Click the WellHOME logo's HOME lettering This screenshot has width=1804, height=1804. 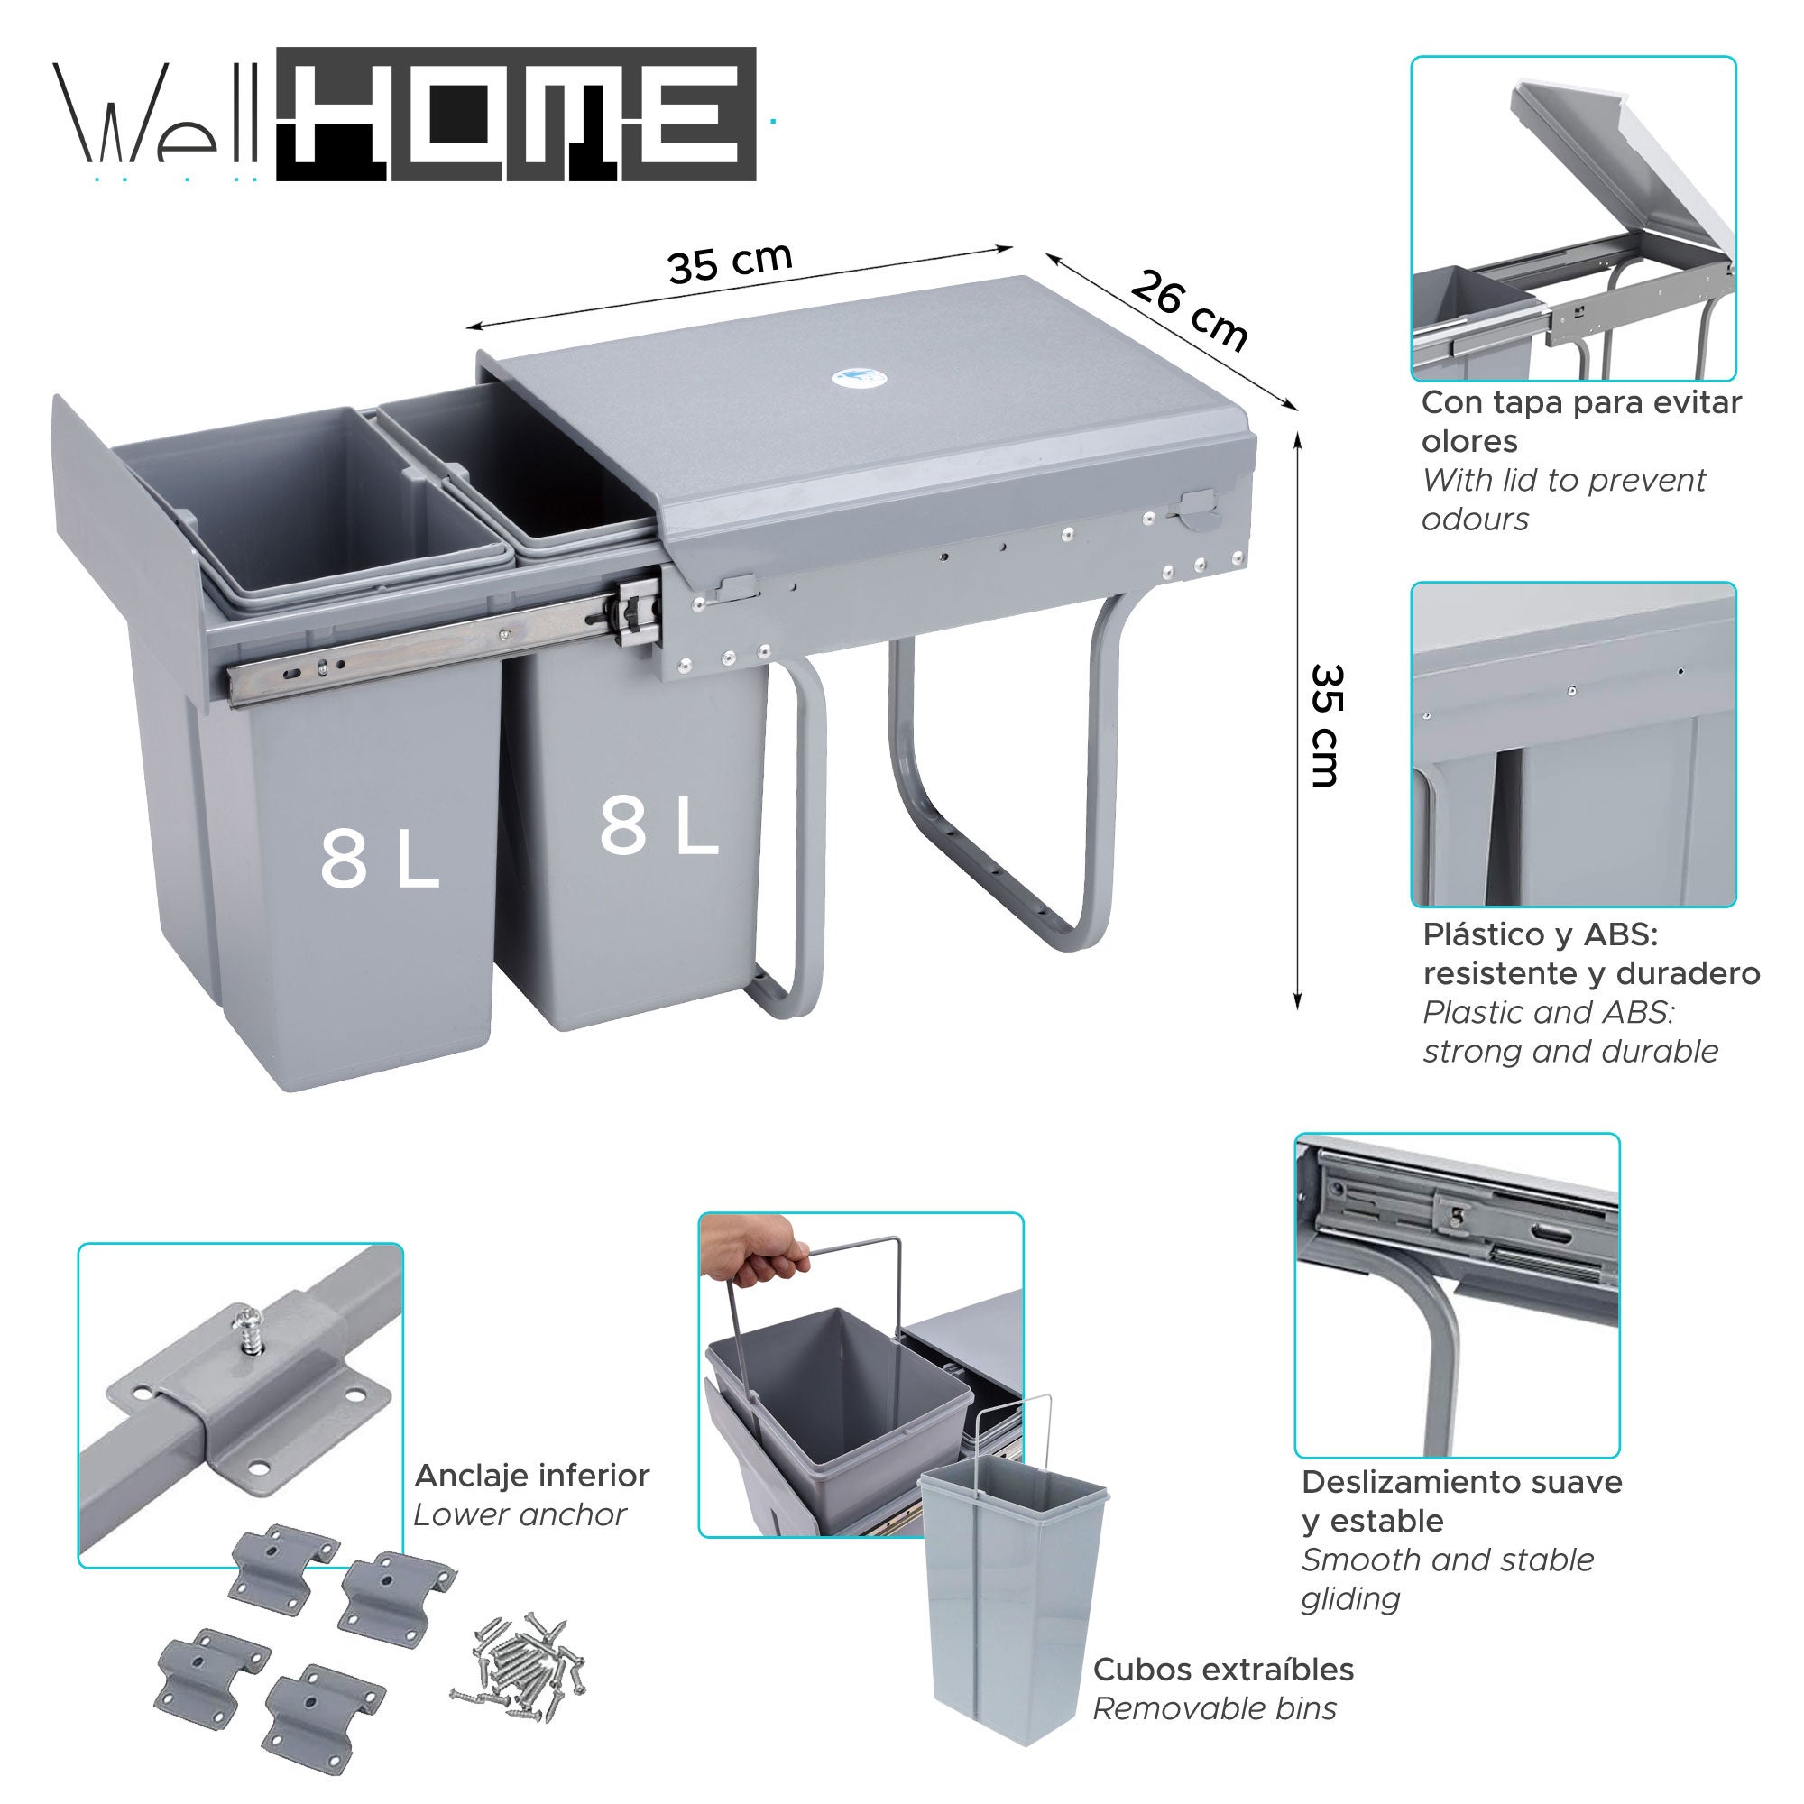(516, 114)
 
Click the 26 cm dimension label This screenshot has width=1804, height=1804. (1188, 310)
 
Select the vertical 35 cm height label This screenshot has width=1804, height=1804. (1325, 725)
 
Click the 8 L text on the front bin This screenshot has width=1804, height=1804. (378, 860)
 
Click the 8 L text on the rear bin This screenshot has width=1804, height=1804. (658, 825)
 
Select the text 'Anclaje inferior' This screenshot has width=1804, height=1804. (531, 1477)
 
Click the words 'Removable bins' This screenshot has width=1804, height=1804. (1214, 1708)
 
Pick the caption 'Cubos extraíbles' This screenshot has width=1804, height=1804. (1222, 1670)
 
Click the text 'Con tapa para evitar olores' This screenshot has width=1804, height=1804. (1580, 421)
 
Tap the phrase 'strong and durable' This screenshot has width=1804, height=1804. (1569, 1052)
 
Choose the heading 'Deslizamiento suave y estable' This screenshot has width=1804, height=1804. (1461, 1502)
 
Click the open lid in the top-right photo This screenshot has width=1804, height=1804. (1625, 178)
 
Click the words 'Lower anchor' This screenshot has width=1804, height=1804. (520, 1515)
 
